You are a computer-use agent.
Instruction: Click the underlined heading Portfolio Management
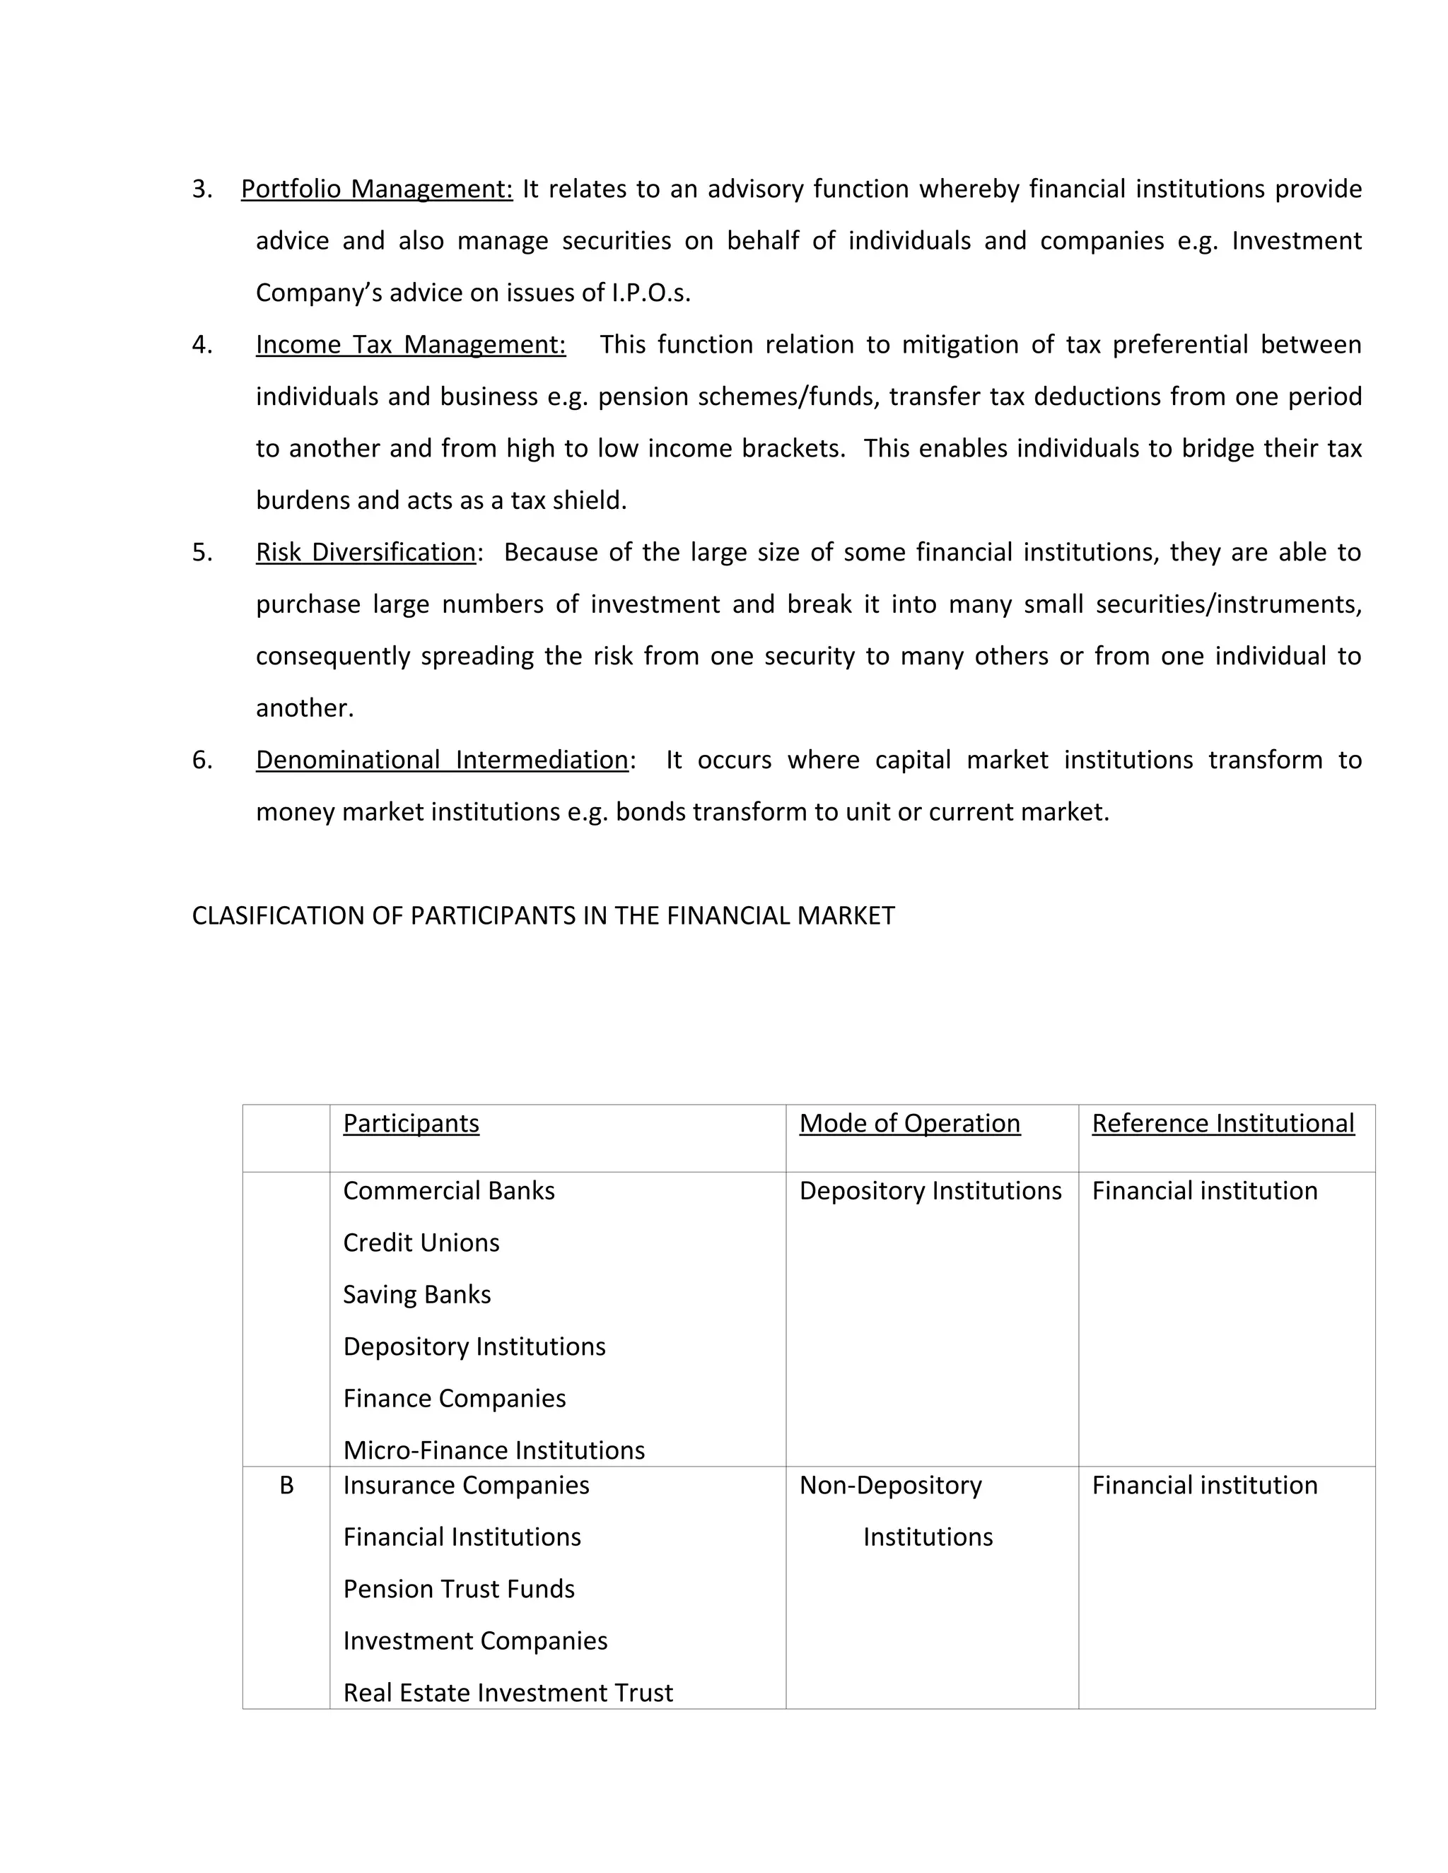pos(377,189)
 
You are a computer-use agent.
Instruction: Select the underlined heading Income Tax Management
pos(410,345)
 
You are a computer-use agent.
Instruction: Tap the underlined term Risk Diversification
pos(366,552)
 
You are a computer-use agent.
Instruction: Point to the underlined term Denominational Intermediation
pos(442,760)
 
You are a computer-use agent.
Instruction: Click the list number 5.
pos(202,552)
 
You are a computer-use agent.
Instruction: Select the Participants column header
pos(411,1124)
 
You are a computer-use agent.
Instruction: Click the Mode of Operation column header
pos(909,1124)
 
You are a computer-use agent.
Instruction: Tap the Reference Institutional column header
pos(1222,1124)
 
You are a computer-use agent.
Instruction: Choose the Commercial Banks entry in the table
pos(449,1191)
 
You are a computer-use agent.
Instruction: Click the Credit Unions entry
pos(421,1243)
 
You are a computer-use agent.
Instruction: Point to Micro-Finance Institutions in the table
pos(494,1450)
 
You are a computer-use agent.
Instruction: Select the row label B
pos(286,1486)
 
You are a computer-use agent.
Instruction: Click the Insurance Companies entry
pos(466,1486)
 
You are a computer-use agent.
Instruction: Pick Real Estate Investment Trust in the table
pos(508,1693)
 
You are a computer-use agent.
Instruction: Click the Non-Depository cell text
pos(890,1486)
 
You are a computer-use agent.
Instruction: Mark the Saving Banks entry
pos(417,1295)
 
